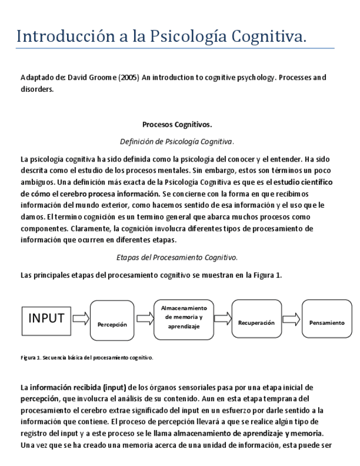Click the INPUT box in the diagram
pyautogui.click(x=46, y=318)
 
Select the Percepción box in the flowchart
pyautogui.click(x=112, y=320)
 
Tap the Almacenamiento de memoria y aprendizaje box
pyautogui.click(x=184, y=318)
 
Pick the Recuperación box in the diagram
pyautogui.click(x=256, y=319)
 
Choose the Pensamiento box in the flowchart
pyautogui.click(x=327, y=319)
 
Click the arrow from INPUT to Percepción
pyautogui.click(x=81, y=318)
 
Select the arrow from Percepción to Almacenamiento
pyautogui.click(x=145, y=318)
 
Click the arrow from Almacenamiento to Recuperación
pyautogui.click(x=222, y=319)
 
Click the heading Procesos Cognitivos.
pyautogui.click(x=177, y=125)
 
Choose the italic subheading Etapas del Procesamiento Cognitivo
pyautogui.click(x=177, y=257)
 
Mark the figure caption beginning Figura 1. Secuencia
pyautogui.click(x=86, y=358)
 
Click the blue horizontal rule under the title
pyautogui.click(x=175, y=48)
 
